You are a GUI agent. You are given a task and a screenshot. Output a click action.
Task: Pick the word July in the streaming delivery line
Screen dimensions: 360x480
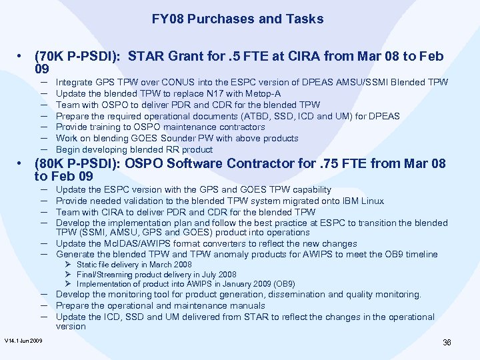(200, 274)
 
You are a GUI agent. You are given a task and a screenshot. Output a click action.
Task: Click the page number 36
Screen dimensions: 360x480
(447, 343)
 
